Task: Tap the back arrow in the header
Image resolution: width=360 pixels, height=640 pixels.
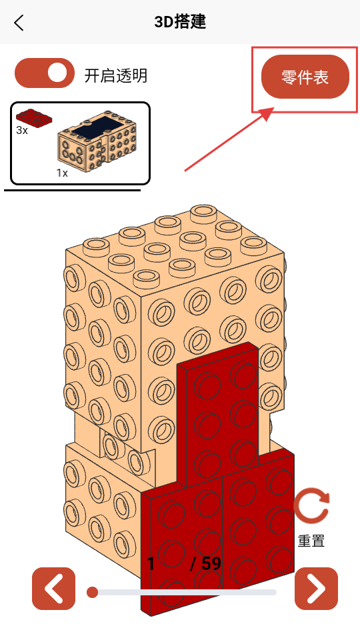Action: pyautogui.click(x=19, y=23)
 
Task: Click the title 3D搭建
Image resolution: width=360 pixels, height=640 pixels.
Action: pyautogui.click(x=180, y=22)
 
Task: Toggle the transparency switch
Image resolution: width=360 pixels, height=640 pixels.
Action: pyautogui.click(x=45, y=73)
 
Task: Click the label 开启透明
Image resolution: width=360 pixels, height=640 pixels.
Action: pyautogui.click(x=116, y=76)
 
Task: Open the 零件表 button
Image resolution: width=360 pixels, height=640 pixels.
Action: pyautogui.click(x=305, y=77)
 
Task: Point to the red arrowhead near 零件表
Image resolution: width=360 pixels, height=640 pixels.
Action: pyautogui.click(x=266, y=114)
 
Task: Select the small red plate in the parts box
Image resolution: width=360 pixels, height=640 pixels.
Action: pyautogui.click(x=34, y=118)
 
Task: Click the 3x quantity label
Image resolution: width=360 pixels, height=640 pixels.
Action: pyautogui.click(x=22, y=131)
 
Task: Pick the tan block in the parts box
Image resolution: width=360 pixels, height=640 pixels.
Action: pyautogui.click(x=97, y=141)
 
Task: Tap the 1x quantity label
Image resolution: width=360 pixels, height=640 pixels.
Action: pyautogui.click(x=62, y=173)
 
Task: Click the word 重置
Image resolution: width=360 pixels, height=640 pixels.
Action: pyautogui.click(x=311, y=541)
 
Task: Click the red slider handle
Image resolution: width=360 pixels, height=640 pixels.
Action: pyautogui.click(x=93, y=592)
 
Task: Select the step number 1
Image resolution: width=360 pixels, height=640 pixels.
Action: pyautogui.click(x=151, y=564)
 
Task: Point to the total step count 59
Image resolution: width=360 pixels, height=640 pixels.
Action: pyautogui.click(x=211, y=564)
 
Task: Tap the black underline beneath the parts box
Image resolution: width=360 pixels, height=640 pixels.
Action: pyautogui.click(x=72, y=190)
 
